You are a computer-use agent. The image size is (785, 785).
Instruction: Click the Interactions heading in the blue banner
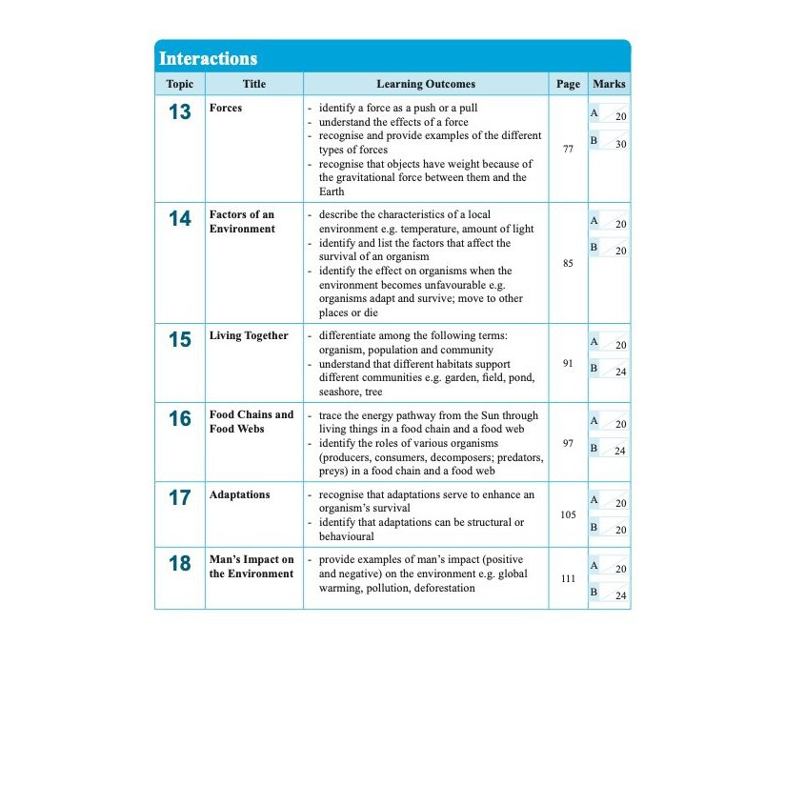tap(208, 58)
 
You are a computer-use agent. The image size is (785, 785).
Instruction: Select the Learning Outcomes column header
tap(426, 84)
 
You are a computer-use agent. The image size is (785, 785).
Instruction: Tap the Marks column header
tap(609, 84)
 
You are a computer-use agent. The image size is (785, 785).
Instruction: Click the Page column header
tap(568, 84)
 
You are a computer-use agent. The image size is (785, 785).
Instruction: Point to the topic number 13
tap(179, 112)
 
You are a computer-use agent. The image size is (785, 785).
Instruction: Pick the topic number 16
tap(179, 418)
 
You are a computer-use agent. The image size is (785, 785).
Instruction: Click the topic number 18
tap(179, 563)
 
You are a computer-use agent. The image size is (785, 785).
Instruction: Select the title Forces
tap(226, 109)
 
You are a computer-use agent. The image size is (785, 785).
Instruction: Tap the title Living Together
tap(249, 335)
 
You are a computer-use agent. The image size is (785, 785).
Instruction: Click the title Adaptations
tap(239, 494)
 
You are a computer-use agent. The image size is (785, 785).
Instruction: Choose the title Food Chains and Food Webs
tap(252, 421)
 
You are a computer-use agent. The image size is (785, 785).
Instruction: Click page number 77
tap(568, 150)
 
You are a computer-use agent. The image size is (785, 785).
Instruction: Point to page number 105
tap(568, 514)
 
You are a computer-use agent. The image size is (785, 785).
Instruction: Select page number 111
tap(568, 578)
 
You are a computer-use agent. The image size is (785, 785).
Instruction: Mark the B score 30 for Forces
tap(621, 144)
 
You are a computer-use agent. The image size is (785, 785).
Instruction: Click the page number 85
tap(568, 263)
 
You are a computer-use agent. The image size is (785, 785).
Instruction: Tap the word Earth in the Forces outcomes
tap(332, 191)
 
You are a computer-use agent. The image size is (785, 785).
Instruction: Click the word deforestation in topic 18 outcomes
tap(433, 588)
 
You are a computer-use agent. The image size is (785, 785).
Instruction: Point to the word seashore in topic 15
tap(340, 392)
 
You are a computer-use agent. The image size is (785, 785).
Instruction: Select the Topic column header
tap(179, 84)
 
